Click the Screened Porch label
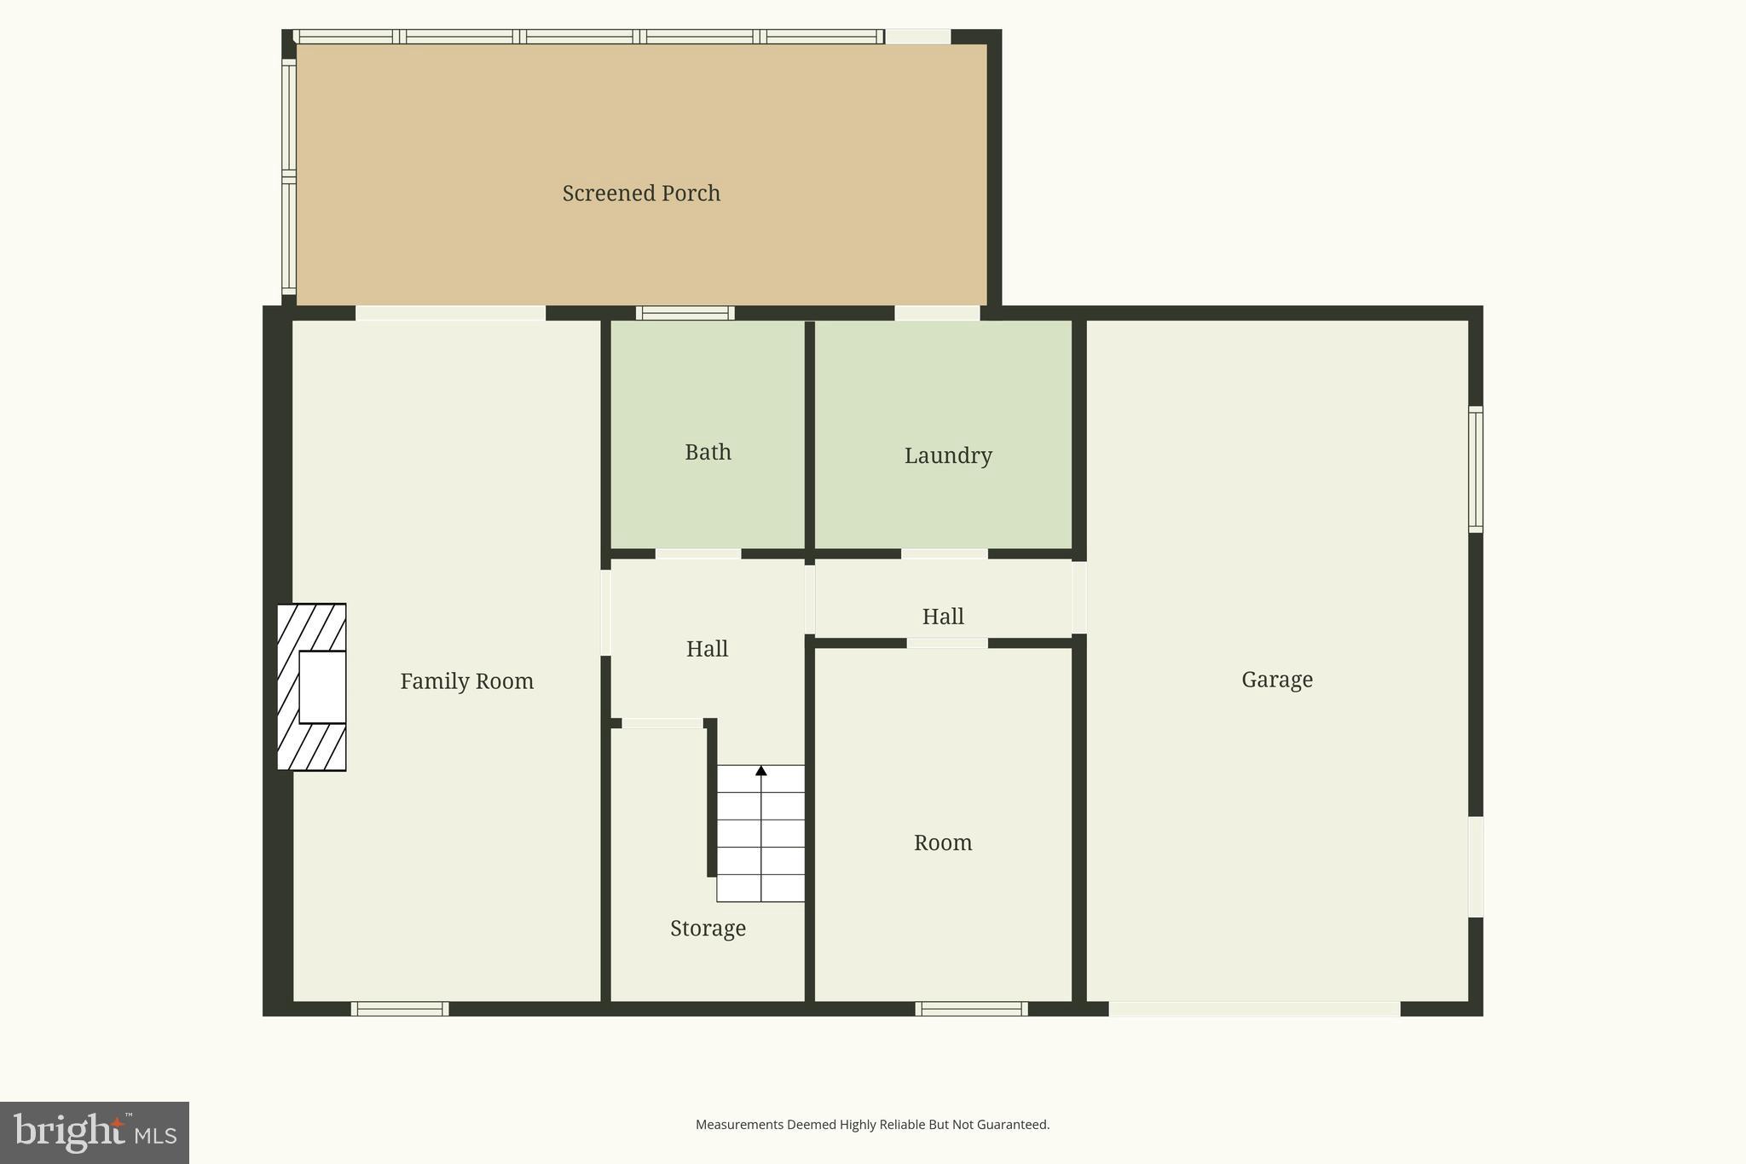coord(641,194)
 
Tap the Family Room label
coord(466,681)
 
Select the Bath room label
coord(708,452)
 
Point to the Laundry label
coord(948,455)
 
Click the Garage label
coord(1276,680)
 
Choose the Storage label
coord(708,928)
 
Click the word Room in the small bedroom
coord(943,843)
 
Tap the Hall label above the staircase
coord(707,649)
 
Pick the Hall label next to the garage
coord(943,617)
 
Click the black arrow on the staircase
coord(761,771)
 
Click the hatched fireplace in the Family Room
coord(311,687)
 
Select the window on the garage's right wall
coord(1476,470)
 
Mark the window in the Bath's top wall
coord(685,313)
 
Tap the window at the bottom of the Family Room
coord(400,1009)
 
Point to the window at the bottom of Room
coord(971,1009)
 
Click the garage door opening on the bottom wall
coord(1254,1009)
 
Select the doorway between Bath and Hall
coord(698,554)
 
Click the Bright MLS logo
coord(95,1132)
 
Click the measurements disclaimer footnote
coord(872,1125)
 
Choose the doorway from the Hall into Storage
coord(662,723)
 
